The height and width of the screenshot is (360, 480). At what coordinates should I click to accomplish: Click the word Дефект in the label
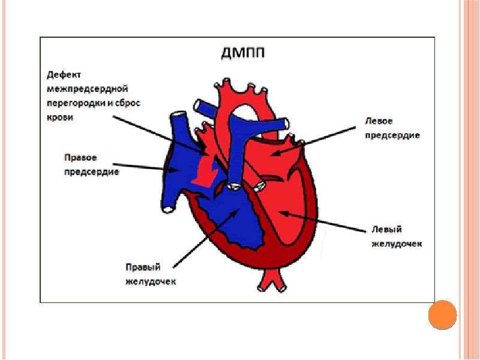point(64,75)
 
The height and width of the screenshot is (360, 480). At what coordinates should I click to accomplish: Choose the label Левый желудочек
point(394,236)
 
